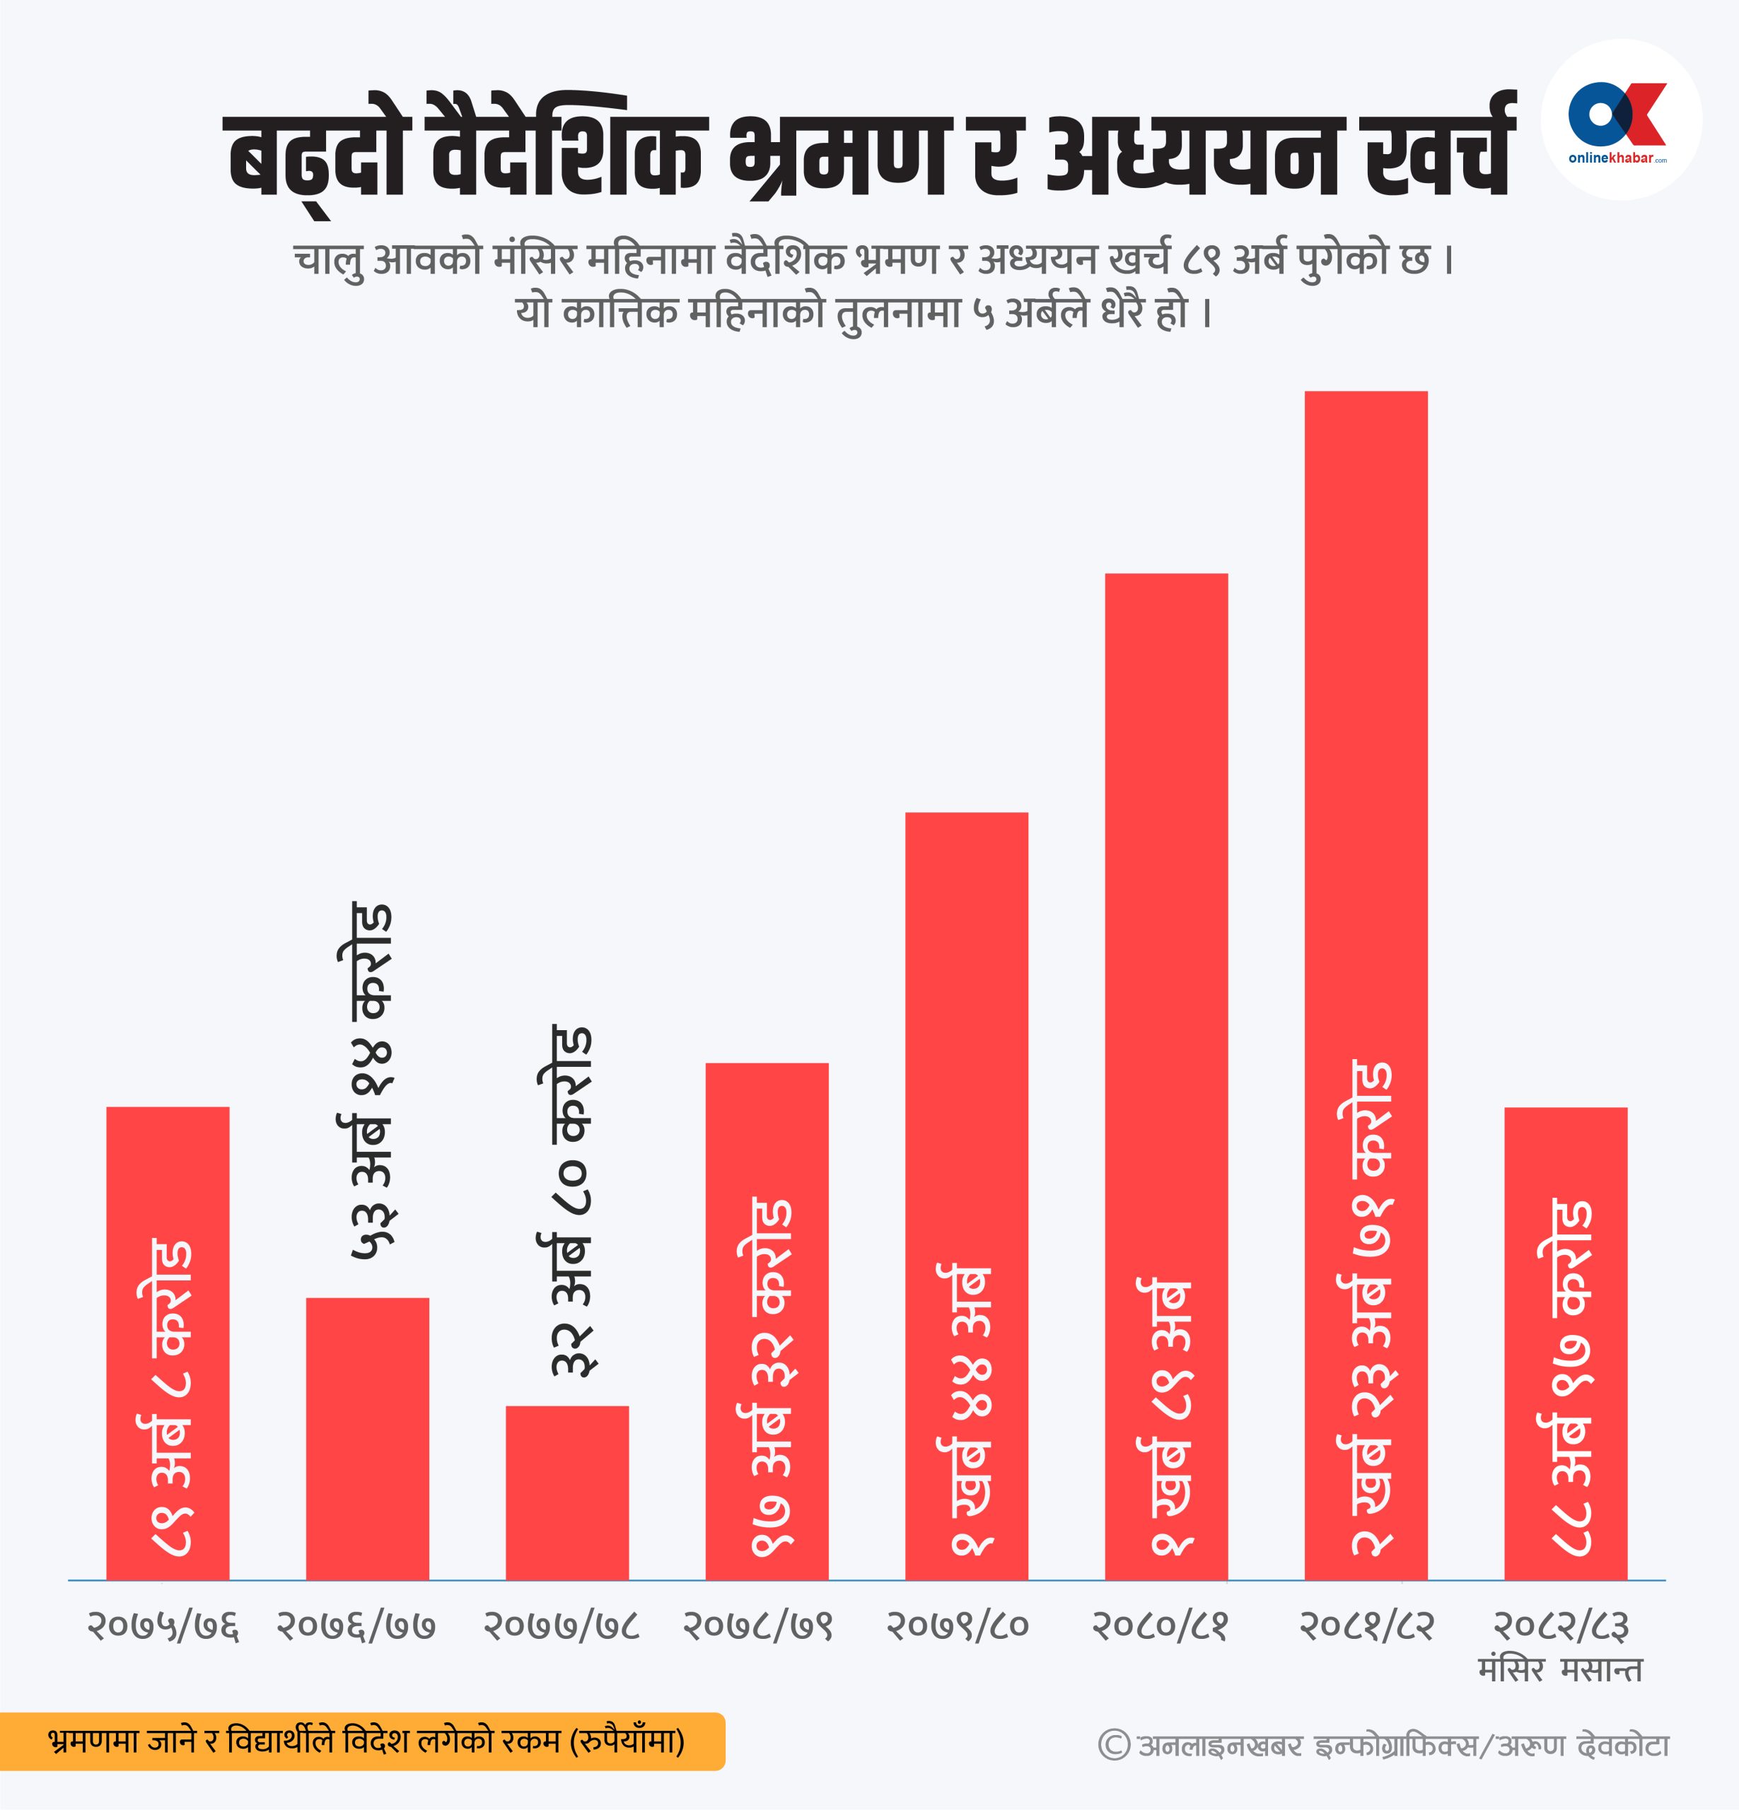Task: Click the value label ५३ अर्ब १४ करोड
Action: click(371, 1081)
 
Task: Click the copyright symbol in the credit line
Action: click(1114, 1746)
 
